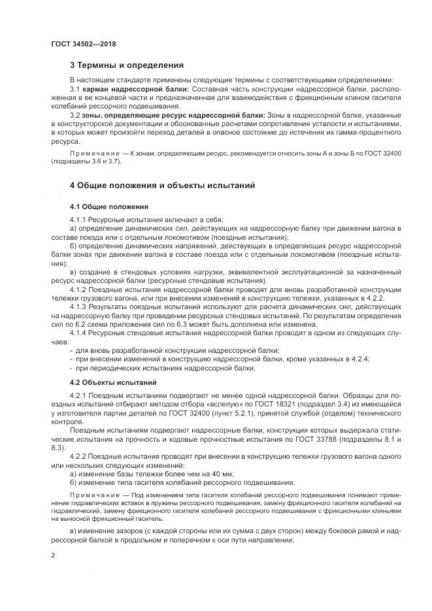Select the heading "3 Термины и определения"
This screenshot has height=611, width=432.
(127, 65)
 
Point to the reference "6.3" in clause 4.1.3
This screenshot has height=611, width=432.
(165, 323)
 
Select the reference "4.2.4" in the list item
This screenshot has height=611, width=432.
(359, 359)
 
